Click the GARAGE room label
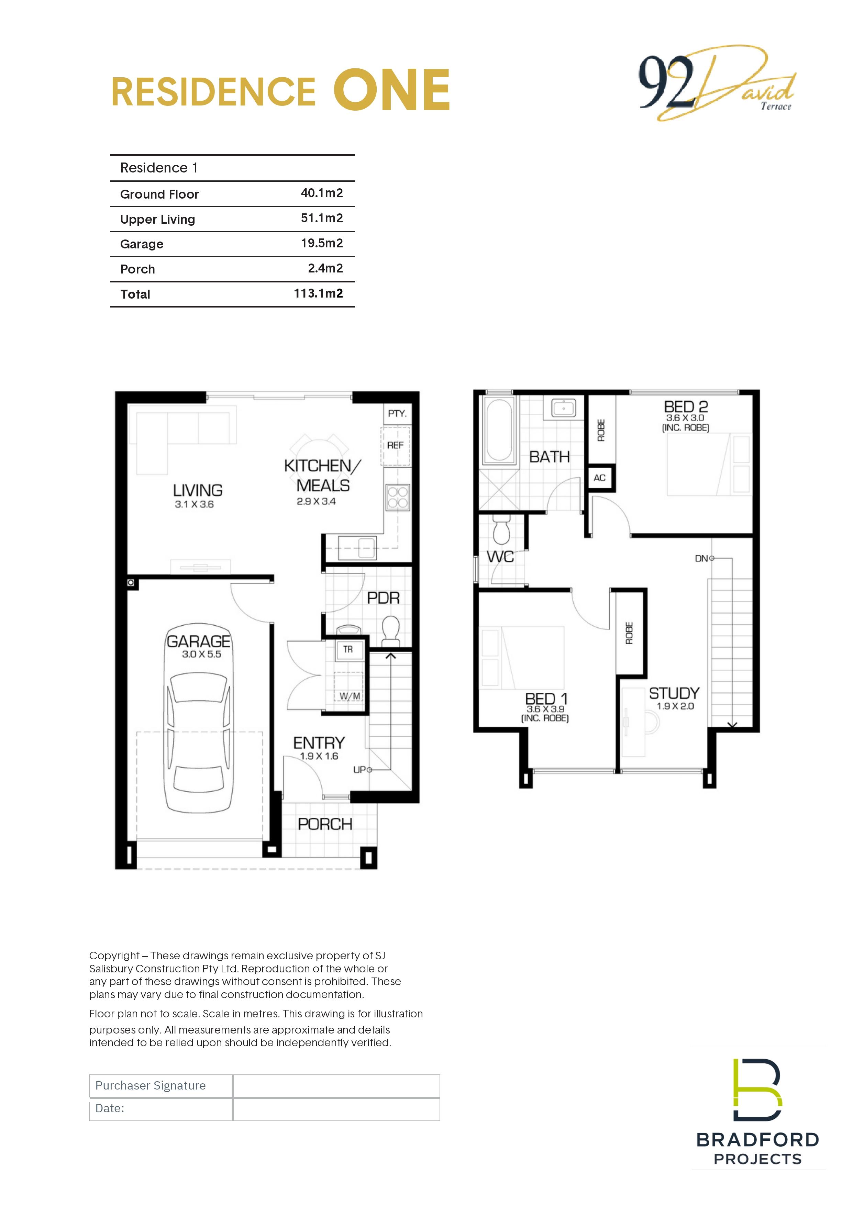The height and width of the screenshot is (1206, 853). pos(199,641)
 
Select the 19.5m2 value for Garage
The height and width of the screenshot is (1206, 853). pos(321,243)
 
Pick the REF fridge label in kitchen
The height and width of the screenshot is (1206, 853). pos(396,445)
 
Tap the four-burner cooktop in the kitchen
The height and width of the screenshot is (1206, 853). pos(398,498)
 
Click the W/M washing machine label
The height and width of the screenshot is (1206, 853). pos(350,696)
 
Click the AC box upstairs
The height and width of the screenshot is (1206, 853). pos(600,478)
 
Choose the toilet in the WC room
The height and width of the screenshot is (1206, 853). pos(502,529)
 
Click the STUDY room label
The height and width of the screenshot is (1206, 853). pos(674,693)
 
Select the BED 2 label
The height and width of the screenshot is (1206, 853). pos(686,407)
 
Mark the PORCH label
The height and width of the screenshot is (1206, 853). pos(325,824)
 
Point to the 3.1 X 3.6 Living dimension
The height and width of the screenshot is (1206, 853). pos(194,504)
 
